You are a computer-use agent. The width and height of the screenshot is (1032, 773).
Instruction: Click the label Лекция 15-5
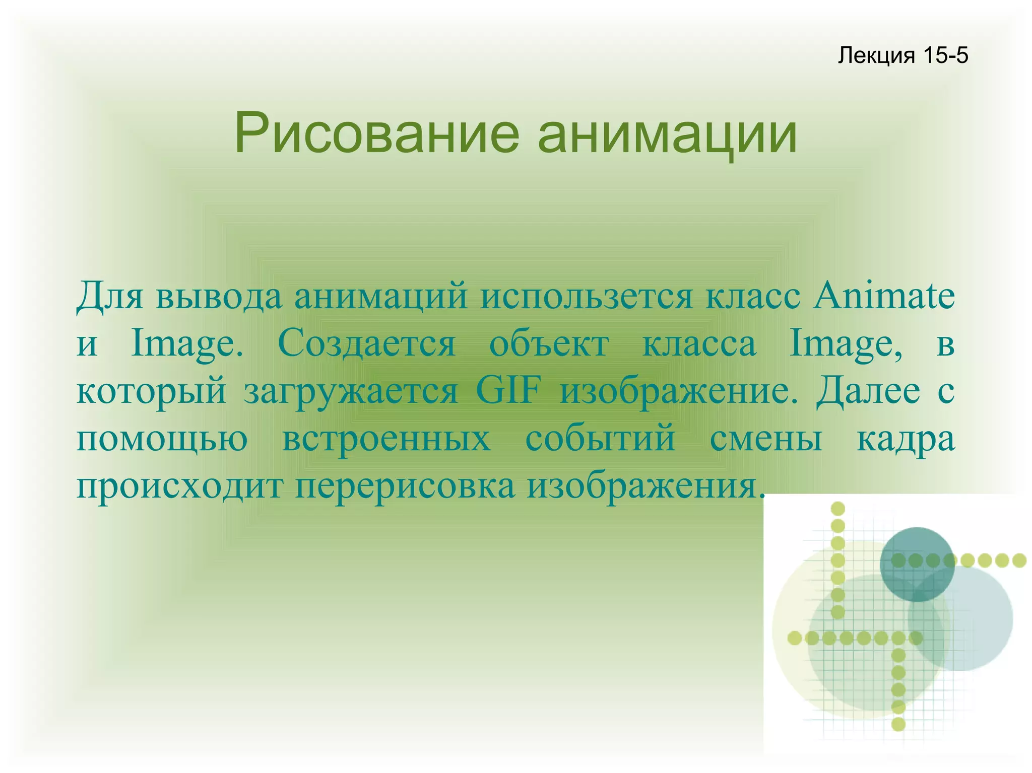[x=902, y=55]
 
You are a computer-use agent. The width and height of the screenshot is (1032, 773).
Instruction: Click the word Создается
[x=366, y=343]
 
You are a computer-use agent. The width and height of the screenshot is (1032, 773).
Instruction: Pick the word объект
[x=549, y=343]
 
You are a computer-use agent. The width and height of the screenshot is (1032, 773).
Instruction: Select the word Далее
[x=868, y=391]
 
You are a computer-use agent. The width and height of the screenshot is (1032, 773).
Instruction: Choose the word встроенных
[x=386, y=438]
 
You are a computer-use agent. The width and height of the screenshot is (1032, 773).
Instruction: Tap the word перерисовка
[x=405, y=486]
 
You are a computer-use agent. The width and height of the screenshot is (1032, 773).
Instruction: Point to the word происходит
[x=179, y=486]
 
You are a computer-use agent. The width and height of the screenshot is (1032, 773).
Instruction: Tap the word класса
[x=699, y=343]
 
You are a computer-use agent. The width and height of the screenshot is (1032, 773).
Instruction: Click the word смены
[x=766, y=438]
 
